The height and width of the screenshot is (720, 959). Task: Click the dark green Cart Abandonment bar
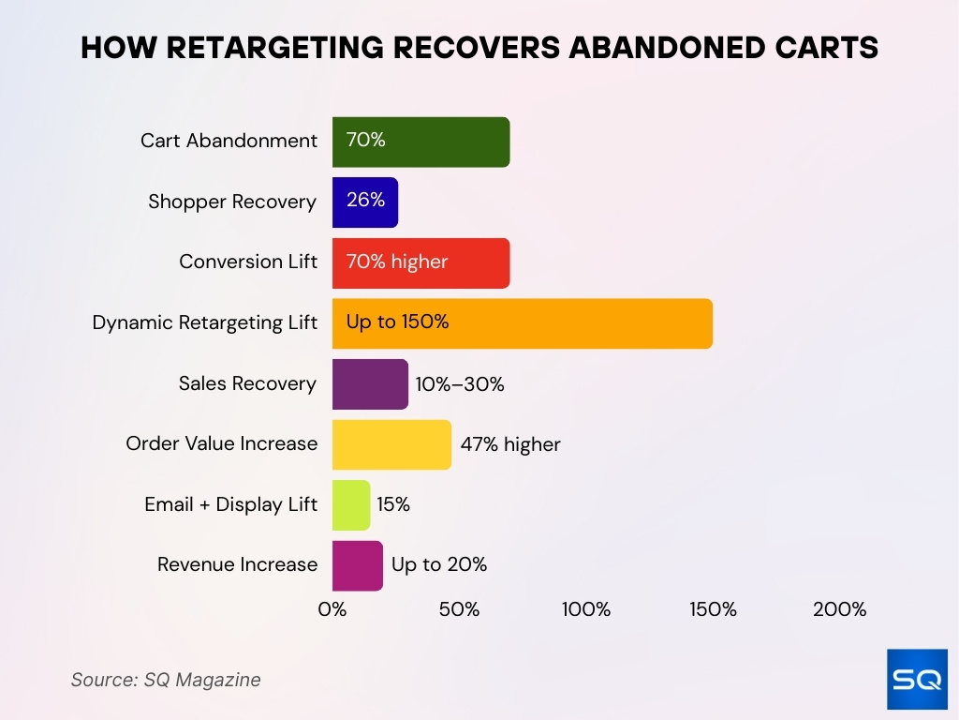click(420, 142)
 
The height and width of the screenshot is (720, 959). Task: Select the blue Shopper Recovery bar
click(365, 202)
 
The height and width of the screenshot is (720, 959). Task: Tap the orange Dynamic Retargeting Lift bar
click(523, 323)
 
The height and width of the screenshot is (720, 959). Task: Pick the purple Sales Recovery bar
click(370, 384)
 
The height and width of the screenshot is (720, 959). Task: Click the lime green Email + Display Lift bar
click(351, 505)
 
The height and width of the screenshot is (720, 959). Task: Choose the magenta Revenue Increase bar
click(357, 565)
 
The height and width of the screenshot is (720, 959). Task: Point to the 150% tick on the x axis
click(713, 609)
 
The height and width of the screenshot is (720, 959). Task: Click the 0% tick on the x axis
click(332, 609)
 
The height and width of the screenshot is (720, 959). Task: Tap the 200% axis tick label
click(839, 609)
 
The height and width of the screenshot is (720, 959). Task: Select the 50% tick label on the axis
click(459, 609)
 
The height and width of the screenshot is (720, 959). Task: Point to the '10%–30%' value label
click(460, 384)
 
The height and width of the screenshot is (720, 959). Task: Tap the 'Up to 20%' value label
click(439, 565)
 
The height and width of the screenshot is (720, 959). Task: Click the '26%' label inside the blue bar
click(365, 202)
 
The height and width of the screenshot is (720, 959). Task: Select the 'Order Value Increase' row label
click(222, 443)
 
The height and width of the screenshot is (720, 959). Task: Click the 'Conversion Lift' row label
click(248, 262)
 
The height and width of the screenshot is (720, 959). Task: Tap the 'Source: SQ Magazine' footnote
click(166, 680)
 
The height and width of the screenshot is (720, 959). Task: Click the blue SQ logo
click(917, 679)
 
